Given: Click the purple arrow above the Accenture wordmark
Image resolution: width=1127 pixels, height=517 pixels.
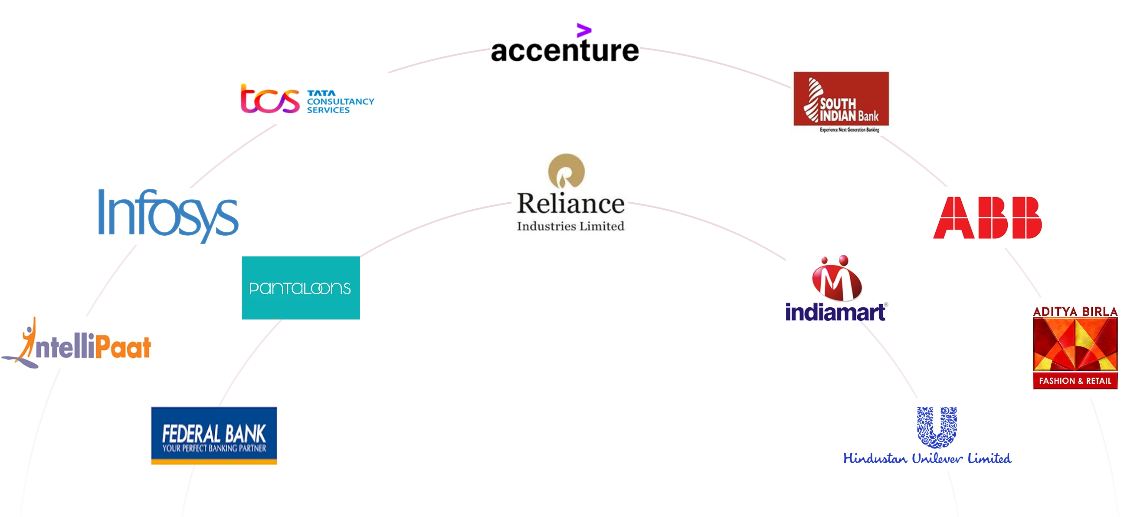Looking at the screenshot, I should tap(583, 30).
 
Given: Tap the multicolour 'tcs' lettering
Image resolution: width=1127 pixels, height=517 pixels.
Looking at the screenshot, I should tap(269, 99).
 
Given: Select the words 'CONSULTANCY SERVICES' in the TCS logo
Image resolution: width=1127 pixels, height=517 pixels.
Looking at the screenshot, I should tap(340, 105).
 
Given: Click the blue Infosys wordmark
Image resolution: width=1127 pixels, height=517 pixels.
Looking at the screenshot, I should tap(168, 215).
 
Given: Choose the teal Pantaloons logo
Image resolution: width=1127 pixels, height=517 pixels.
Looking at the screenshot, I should tap(300, 288).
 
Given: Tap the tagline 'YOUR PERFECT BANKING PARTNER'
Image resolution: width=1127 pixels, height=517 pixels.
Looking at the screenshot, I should tap(214, 448).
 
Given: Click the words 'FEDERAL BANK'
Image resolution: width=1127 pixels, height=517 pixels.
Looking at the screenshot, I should tap(214, 433).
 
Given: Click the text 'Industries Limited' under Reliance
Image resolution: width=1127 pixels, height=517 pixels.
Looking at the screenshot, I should tap(570, 226).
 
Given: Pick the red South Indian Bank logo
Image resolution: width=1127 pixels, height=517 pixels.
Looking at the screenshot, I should tap(841, 99).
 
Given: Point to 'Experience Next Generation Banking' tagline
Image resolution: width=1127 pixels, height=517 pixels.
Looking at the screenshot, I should tap(849, 130).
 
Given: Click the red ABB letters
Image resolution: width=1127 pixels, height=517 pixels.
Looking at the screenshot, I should tap(988, 217).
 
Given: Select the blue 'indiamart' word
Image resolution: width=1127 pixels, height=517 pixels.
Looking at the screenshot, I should tap(835, 313).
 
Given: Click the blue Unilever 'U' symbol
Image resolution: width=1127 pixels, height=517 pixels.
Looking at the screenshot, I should tap(937, 427).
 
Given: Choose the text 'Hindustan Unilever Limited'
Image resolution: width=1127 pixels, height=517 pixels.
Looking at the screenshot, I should tap(927, 458).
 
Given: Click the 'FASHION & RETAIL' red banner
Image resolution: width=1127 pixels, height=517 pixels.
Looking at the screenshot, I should tap(1075, 381).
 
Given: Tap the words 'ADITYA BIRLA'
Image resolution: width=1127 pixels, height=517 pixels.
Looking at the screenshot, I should tap(1075, 311).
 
